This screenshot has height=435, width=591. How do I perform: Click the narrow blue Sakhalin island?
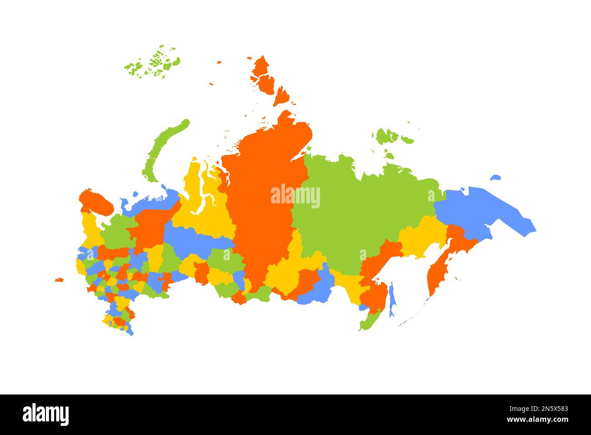tap(394, 300)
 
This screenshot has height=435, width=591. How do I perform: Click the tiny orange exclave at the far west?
tap(59, 279)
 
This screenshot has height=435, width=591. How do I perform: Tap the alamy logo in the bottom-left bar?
tap(45, 415)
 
